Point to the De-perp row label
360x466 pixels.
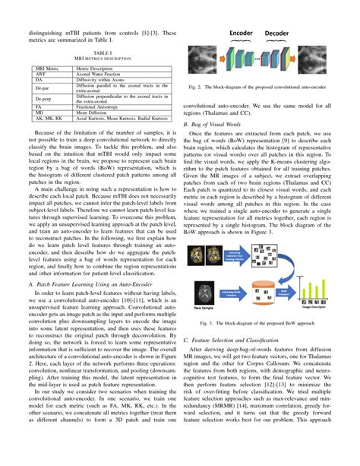tap(47, 100)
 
